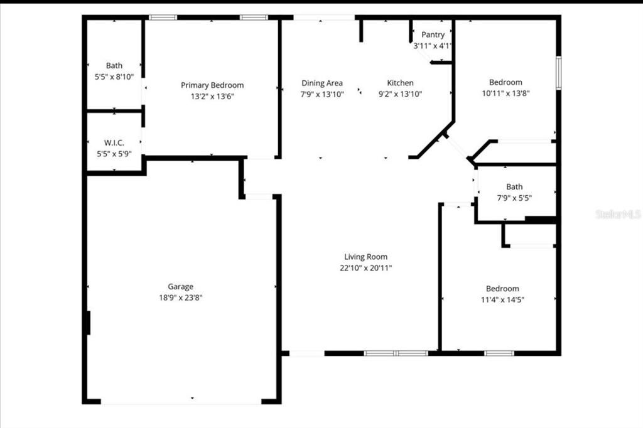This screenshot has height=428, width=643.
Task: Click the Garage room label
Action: click(x=180, y=286)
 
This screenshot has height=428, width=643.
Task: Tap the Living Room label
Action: click(x=365, y=256)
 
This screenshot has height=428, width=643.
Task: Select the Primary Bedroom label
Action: click(x=212, y=85)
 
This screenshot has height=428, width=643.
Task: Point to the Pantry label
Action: click(x=433, y=35)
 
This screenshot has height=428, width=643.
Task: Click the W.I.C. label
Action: click(x=114, y=142)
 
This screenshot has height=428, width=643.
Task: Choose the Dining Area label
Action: click(x=321, y=83)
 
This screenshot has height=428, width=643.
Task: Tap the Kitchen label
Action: click(x=400, y=83)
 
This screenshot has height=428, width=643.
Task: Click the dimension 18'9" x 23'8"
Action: click(x=180, y=297)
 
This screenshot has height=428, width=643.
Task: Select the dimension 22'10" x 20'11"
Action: click(x=365, y=267)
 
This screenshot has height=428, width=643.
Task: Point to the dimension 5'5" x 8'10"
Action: click(x=114, y=77)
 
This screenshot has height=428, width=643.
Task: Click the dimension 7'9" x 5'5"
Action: click(x=514, y=198)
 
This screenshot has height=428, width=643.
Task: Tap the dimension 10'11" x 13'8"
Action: click(x=505, y=94)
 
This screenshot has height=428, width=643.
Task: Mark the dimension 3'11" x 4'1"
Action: click(x=433, y=46)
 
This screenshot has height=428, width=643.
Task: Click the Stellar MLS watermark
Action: click(x=618, y=214)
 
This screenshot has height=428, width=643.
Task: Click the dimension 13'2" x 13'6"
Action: click(x=212, y=96)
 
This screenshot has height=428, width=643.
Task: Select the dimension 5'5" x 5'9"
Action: click(x=114, y=154)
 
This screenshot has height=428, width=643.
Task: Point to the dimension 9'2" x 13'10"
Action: click(x=400, y=94)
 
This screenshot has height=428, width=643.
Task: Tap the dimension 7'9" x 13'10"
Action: click(x=321, y=94)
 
